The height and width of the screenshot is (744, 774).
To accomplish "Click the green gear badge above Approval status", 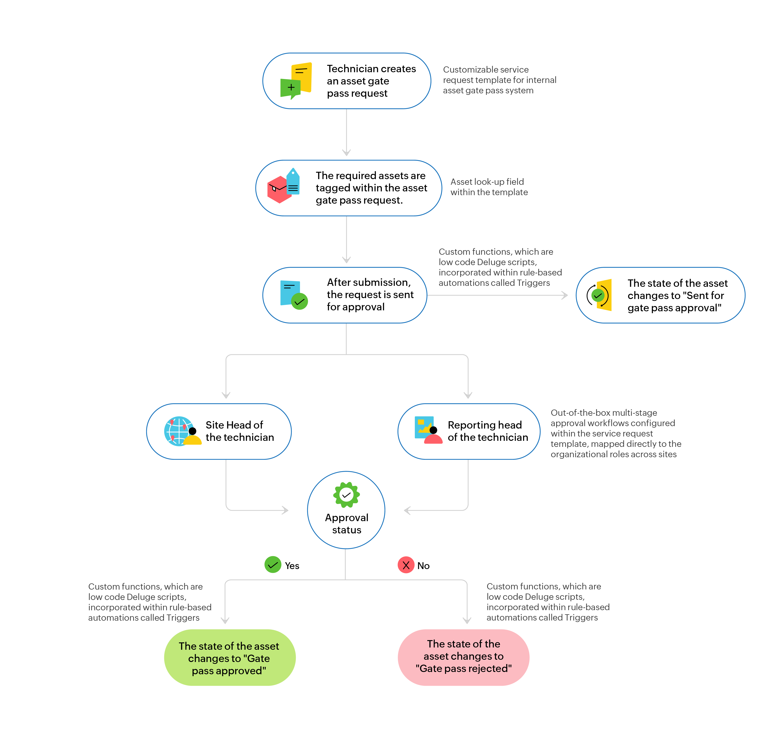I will [x=346, y=494].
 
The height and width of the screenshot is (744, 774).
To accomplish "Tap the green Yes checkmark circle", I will [x=272, y=565].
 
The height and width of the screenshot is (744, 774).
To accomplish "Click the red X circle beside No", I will [x=406, y=565].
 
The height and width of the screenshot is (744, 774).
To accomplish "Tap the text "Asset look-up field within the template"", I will [x=489, y=187].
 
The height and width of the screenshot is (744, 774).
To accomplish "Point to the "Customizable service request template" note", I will [x=499, y=80].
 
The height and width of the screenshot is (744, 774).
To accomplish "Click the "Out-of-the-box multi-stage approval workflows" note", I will [x=616, y=433].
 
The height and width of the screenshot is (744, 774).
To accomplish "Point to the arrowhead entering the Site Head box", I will [x=226, y=395].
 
